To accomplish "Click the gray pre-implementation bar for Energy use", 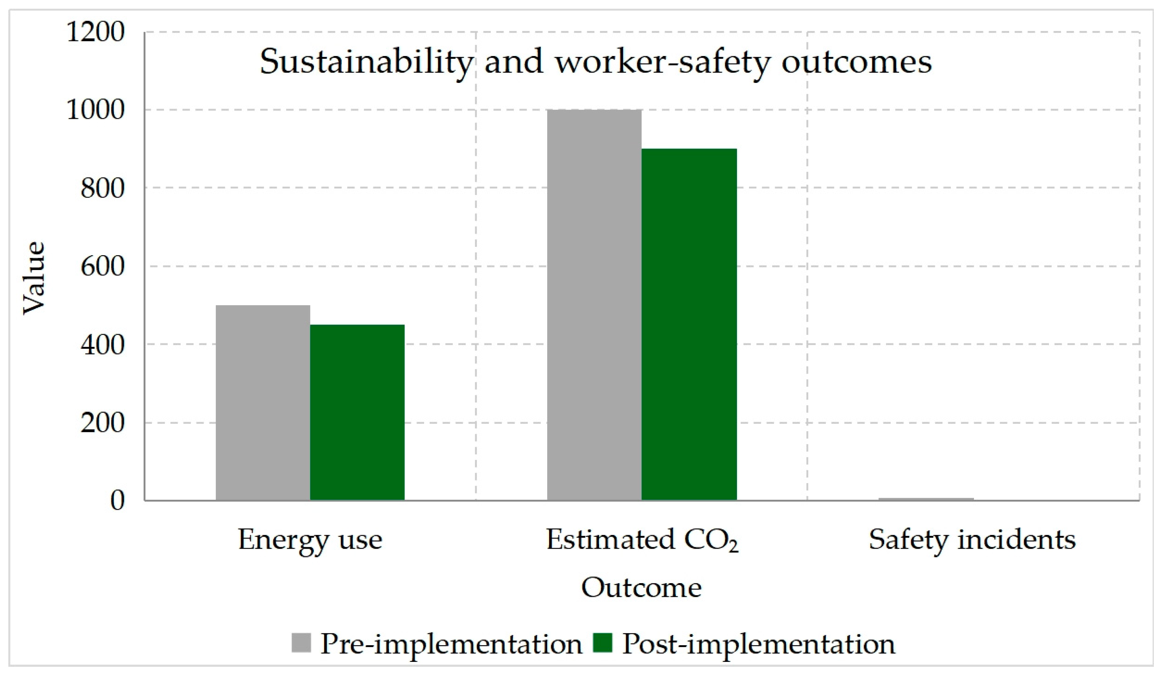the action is (263, 403).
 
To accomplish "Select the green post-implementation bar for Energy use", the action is (357, 412).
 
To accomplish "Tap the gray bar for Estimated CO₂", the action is (595, 305).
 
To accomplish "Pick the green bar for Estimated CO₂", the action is (689, 325).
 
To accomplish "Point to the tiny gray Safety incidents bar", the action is (926, 499).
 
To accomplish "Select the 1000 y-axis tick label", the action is (96, 110).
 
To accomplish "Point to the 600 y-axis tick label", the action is (103, 266).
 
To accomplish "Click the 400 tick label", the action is (103, 345).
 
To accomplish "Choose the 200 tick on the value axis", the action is (103, 423).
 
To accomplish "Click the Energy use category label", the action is (310, 540).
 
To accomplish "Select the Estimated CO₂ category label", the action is (642, 540).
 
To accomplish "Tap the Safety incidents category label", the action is (972, 540).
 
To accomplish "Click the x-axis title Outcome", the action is (641, 587).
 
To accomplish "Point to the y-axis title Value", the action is (34, 278).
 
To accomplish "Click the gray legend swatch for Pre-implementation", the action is (301, 643).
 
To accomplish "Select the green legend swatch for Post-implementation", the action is (602, 643).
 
